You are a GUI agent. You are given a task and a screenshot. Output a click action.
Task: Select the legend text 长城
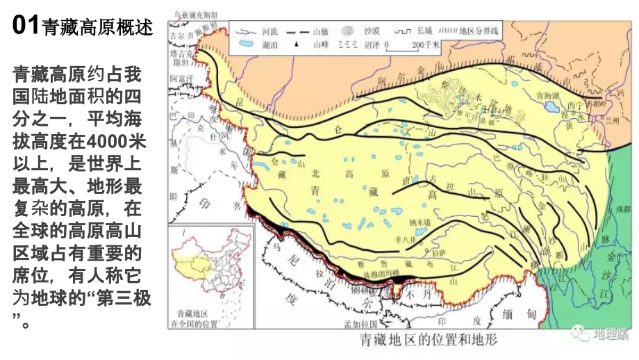pyautogui.click(x=424, y=31)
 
